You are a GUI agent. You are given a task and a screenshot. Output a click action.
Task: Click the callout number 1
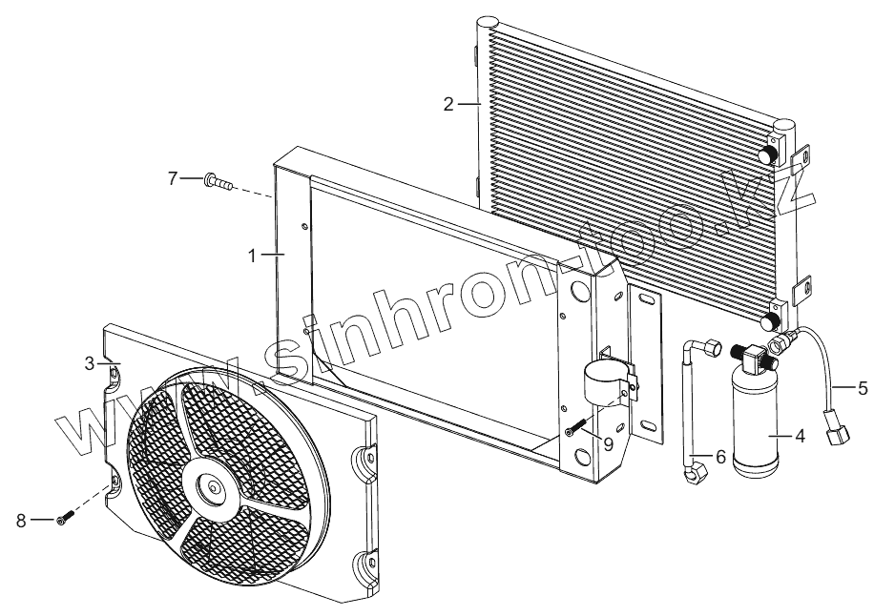point(253,256)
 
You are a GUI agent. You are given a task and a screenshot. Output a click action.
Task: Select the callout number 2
point(448,104)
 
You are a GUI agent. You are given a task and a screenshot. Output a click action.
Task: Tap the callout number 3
point(90,363)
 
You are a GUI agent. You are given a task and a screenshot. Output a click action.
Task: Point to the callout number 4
point(800,437)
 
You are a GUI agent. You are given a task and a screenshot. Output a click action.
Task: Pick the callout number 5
point(863,387)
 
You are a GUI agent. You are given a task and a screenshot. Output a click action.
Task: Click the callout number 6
point(720,458)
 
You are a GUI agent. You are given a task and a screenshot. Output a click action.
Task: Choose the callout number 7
point(173,178)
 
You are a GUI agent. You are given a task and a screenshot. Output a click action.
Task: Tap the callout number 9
point(607,442)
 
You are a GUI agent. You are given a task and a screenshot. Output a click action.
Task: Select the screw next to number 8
point(64,518)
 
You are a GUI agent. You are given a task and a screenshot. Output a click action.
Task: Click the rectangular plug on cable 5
point(839,435)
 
